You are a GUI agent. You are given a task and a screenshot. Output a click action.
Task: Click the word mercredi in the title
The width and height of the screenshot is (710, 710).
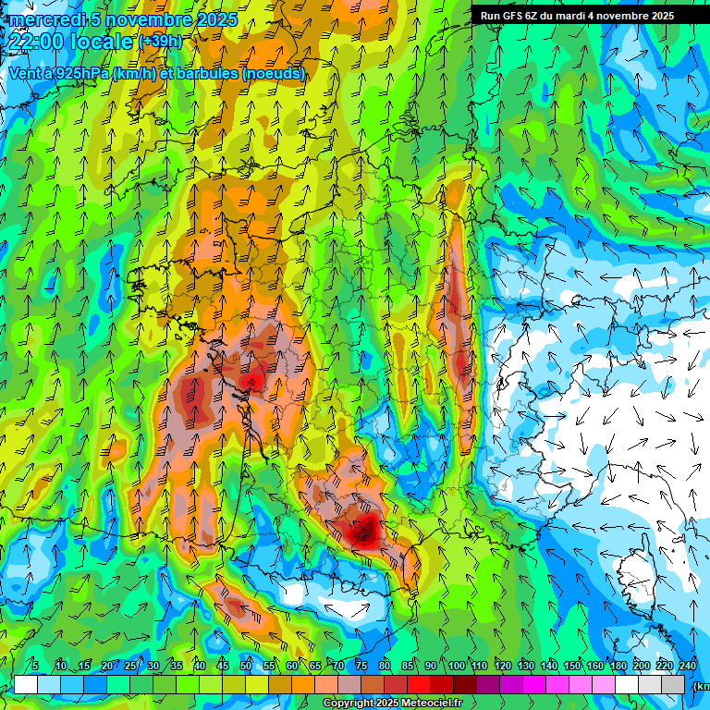pos(48,19)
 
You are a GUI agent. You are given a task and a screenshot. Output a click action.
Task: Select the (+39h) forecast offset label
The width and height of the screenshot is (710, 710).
pos(160,42)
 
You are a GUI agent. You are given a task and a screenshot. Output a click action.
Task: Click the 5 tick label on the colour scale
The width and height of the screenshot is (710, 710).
pos(35,666)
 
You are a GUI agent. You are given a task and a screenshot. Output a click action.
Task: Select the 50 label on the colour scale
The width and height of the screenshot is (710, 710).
pos(246,666)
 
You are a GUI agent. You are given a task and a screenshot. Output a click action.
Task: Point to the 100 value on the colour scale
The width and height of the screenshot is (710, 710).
pos(457,666)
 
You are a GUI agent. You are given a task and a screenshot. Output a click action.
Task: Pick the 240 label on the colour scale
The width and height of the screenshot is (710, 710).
pos(688,666)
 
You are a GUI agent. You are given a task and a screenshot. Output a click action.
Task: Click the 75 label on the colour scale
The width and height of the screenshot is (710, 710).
pos(362,666)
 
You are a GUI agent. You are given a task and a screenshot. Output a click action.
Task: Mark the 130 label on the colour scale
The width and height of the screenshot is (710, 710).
pos(526,666)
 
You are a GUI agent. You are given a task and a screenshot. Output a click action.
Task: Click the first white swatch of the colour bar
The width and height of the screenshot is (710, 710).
pos(25,684)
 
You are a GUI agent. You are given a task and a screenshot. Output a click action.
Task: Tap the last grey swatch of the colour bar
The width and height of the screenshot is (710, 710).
pos(674,684)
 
